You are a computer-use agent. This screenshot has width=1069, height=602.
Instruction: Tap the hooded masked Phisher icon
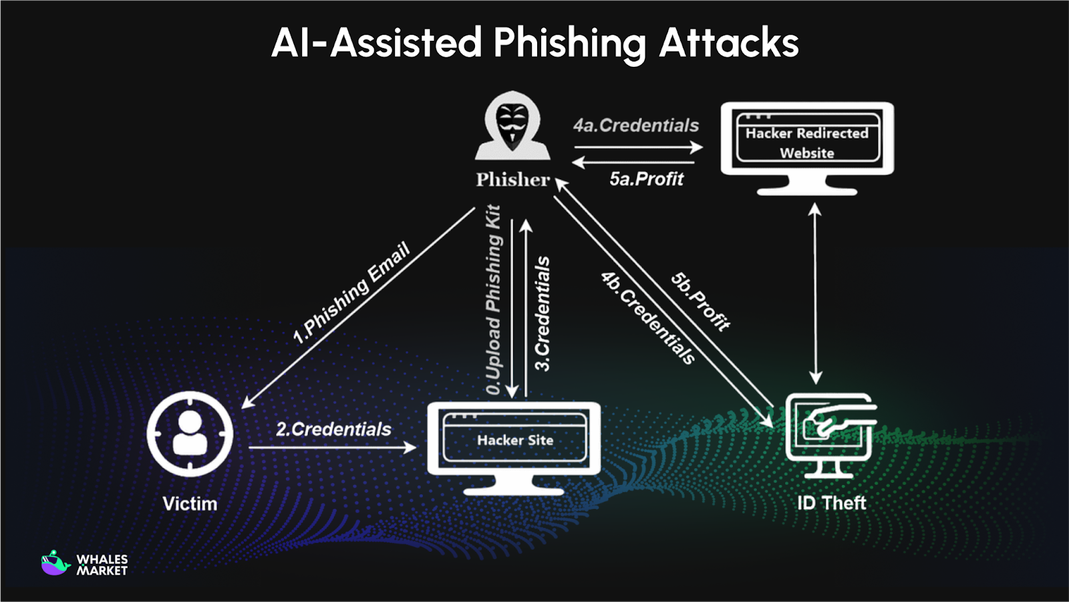coord(512,127)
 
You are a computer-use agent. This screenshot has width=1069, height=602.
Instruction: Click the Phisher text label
coord(512,179)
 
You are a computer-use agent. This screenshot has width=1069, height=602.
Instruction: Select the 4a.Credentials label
coord(635,126)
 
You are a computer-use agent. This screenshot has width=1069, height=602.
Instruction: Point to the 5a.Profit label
coord(646,179)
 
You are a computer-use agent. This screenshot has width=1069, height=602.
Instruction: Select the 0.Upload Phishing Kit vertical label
coord(493,299)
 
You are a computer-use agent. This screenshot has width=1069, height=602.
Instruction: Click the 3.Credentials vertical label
coord(543,313)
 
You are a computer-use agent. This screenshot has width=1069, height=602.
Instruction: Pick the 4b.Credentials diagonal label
coord(647,318)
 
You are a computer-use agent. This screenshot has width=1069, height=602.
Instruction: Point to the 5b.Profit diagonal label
coord(700,302)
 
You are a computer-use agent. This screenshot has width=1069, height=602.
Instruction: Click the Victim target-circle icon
coord(190,433)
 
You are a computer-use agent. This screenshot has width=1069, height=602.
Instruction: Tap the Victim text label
coord(190,503)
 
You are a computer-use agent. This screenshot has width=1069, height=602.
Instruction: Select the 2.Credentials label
coord(333,429)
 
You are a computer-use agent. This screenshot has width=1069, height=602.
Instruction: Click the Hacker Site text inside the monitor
coord(514,440)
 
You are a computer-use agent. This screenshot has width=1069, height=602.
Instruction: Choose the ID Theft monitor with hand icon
coord(830,435)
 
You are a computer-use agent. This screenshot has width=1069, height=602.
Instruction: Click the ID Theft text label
coord(831,503)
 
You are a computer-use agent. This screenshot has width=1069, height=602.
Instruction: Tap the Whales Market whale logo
coord(55,563)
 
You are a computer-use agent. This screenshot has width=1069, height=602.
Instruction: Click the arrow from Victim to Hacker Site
coord(332,447)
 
